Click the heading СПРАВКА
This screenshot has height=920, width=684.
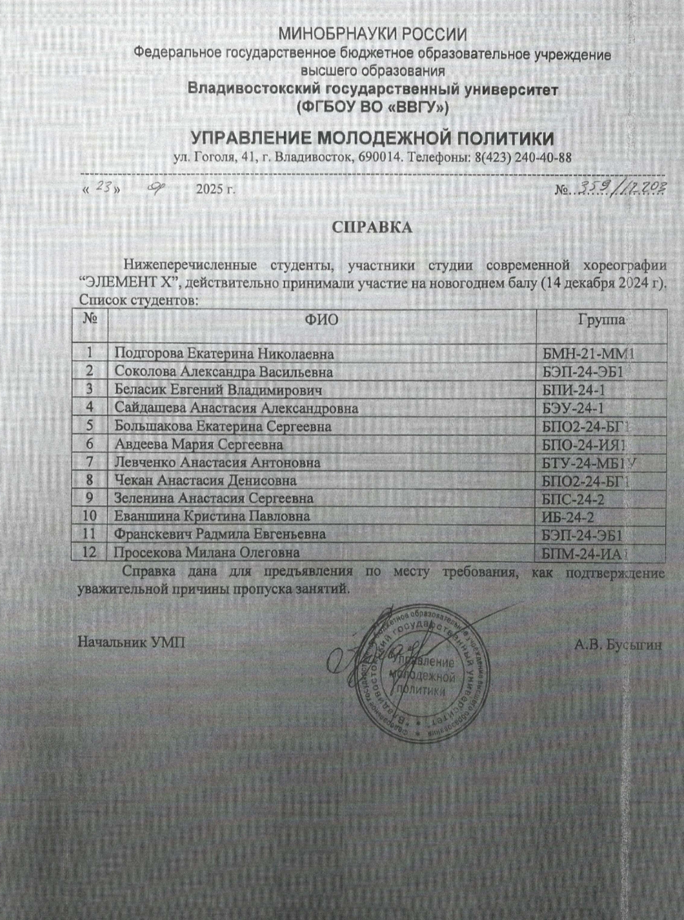(x=372, y=227)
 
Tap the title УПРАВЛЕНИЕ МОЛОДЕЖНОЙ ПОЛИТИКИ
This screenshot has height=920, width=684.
(x=372, y=138)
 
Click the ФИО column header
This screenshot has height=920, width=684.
(x=322, y=320)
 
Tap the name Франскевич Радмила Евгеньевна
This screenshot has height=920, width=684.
(x=219, y=534)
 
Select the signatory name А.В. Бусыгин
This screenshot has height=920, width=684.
(x=618, y=644)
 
